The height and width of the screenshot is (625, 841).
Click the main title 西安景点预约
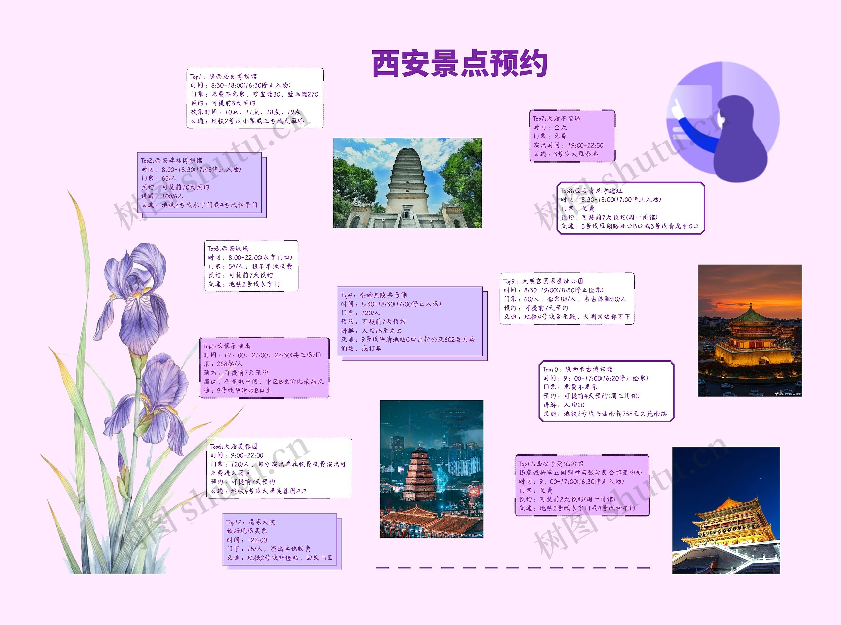460,63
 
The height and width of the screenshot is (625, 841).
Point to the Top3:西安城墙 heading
228,248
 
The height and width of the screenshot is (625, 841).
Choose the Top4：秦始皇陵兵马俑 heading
374,295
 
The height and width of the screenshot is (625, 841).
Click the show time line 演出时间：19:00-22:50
568,145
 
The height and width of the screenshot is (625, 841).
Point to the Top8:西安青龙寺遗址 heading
591,191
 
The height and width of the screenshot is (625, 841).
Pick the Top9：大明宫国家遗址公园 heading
543,281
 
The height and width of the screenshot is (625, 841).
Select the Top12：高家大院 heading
251,522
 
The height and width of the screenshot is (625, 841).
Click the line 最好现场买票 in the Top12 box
247,531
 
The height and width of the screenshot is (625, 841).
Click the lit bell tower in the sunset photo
751,337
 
